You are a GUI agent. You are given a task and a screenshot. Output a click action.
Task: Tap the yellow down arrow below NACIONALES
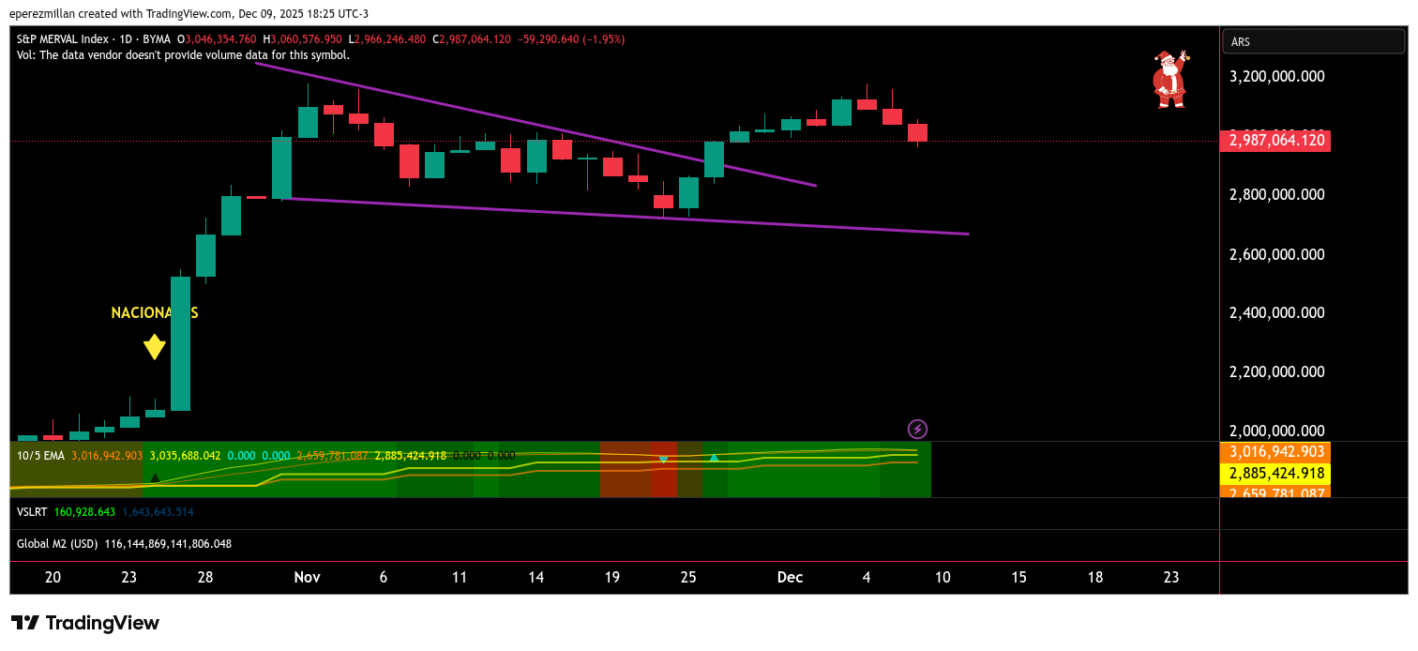point(155,347)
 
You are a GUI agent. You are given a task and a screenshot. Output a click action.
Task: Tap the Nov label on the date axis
point(308,577)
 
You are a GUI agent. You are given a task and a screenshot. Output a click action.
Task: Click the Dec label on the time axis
point(791,577)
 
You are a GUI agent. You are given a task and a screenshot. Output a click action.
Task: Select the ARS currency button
point(1313,41)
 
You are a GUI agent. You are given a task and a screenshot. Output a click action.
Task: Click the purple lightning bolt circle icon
point(918,429)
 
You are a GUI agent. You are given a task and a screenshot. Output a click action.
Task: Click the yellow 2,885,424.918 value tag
point(1275,473)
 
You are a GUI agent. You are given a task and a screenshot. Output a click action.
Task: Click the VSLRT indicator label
point(34,512)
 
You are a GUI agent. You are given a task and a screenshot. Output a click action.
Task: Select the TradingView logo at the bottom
point(85,623)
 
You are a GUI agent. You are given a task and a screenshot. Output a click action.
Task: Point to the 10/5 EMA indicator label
point(40,456)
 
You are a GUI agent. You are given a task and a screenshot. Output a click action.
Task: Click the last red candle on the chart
point(917,132)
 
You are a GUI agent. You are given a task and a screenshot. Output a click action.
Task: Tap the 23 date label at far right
point(1170,577)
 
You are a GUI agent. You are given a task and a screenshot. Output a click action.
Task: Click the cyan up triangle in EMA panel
point(714,458)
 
